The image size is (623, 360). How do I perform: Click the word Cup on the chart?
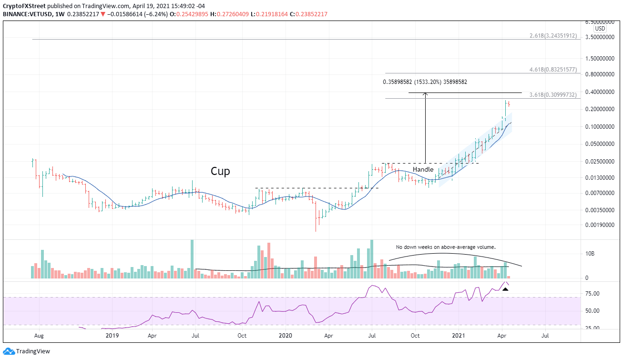(220, 171)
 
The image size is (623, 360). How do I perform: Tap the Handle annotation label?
(423, 169)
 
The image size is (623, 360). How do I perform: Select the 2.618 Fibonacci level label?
(554, 36)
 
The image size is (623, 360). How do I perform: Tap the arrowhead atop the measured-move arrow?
(426, 94)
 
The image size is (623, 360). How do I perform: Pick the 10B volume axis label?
(589, 253)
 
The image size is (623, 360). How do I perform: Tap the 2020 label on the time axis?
(285, 335)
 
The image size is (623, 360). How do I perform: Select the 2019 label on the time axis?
(112, 335)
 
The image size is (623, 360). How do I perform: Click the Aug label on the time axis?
(39, 335)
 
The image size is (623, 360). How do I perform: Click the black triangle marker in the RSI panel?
(505, 289)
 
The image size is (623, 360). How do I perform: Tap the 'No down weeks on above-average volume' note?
(446, 247)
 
